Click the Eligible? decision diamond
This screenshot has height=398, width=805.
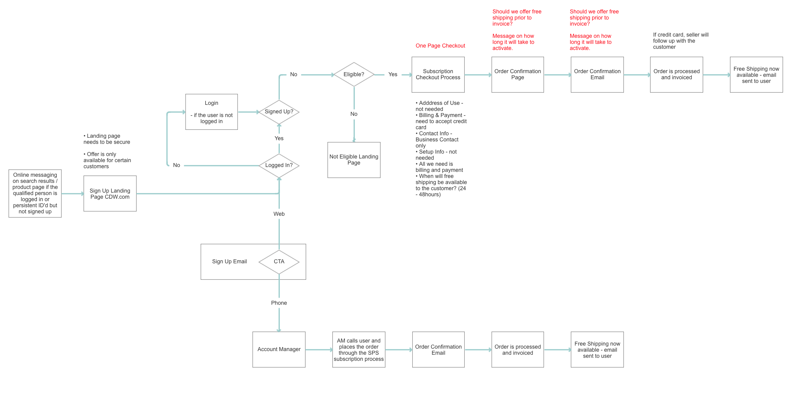(354, 74)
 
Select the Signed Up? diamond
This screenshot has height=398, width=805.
(279, 112)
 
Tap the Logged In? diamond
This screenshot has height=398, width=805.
(279, 165)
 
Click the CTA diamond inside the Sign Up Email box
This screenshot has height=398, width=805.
(279, 261)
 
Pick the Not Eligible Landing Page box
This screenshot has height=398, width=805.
(354, 160)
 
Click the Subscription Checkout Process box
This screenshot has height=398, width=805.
(438, 74)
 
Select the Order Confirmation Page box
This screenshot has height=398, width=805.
(517, 74)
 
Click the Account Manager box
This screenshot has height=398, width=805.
(279, 349)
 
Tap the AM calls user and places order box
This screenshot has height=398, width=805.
(358, 349)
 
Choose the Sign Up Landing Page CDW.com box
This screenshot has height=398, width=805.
(110, 194)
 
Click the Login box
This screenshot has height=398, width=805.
(211, 112)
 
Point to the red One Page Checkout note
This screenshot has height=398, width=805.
(440, 46)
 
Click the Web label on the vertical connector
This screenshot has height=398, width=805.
(279, 214)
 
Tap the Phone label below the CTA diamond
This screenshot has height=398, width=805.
(279, 303)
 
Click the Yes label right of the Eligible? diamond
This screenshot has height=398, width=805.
(392, 74)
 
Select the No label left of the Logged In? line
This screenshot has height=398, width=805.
(176, 165)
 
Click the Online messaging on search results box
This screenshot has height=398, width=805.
(35, 193)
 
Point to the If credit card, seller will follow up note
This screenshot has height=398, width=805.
(680, 41)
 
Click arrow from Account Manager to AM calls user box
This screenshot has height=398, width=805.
(319, 350)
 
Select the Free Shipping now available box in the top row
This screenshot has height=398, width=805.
(756, 74)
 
